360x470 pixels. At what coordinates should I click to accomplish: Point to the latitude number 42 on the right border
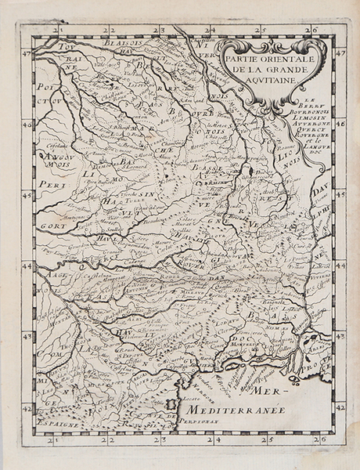340,407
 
